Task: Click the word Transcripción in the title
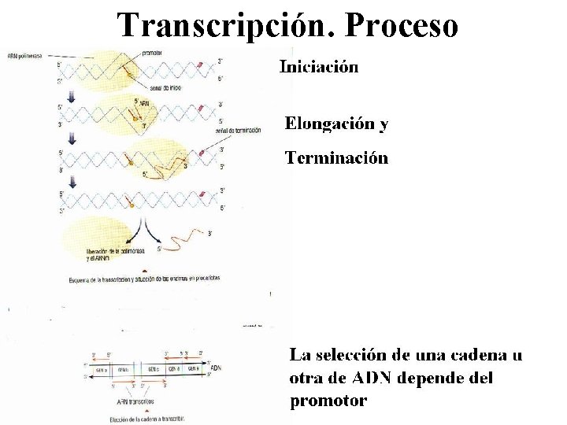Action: pyautogui.click(x=220, y=25)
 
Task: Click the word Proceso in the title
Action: pyautogui.click(x=402, y=25)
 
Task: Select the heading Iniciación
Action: pyautogui.click(x=319, y=67)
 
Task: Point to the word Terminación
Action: pyautogui.click(x=336, y=158)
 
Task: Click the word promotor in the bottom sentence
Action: pyautogui.click(x=328, y=401)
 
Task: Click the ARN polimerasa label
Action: pyautogui.click(x=25, y=56)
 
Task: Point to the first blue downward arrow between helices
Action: pyautogui.click(x=73, y=96)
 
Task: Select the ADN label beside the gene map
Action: pyautogui.click(x=215, y=368)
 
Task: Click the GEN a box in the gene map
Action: pyautogui.click(x=101, y=369)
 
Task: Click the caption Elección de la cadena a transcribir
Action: pyautogui.click(x=147, y=419)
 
